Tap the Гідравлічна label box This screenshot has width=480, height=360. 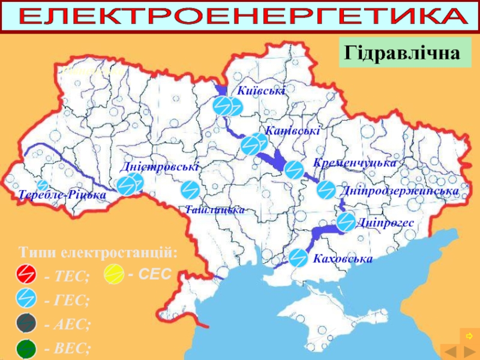coord(406,53)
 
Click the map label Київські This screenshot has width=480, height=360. coord(262,90)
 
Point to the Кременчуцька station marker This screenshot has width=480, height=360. coord(293,170)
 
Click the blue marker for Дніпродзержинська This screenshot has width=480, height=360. coord(326,190)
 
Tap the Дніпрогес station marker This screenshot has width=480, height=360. coord(346,222)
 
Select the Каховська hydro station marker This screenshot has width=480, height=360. coord(298,257)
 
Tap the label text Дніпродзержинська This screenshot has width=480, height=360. coord(400,191)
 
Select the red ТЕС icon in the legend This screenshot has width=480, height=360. coord(26,274)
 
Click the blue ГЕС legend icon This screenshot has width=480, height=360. coord(26,298)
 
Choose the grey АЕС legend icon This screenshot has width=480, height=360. coord(26,323)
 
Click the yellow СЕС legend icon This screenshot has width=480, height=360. coord(113,274)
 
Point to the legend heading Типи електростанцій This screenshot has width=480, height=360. coord(98,251)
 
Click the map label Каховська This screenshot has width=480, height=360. coord(343,259)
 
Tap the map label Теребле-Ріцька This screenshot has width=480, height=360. coord(62,196)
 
